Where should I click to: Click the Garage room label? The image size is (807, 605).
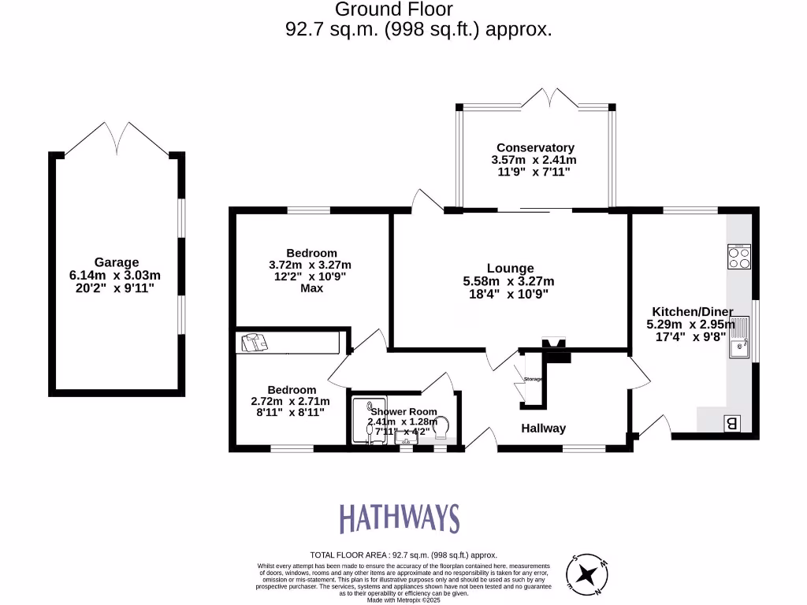click(117, 262)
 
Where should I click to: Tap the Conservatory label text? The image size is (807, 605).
click(535, 147)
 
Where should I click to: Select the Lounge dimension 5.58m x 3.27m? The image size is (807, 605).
click(508, 281)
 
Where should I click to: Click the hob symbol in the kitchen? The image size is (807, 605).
click(738, 258)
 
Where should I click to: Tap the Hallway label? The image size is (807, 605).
click(543, 429)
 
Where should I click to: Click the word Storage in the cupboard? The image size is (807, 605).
click(534, 380)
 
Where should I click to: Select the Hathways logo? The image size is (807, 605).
click(399, 518)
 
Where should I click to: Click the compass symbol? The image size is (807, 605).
click(588, 575)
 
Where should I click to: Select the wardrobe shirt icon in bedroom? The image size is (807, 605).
click(255, 342)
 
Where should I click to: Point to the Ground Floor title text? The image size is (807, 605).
click(394, 9)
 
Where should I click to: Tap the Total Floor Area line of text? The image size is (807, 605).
click(403, 555)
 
